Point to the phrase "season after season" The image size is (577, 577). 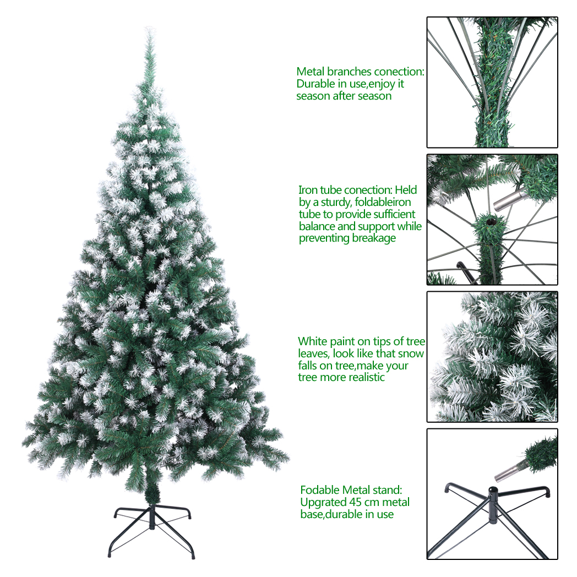click(x=344, y=96)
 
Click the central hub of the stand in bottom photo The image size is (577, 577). click(x=492, y=507)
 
